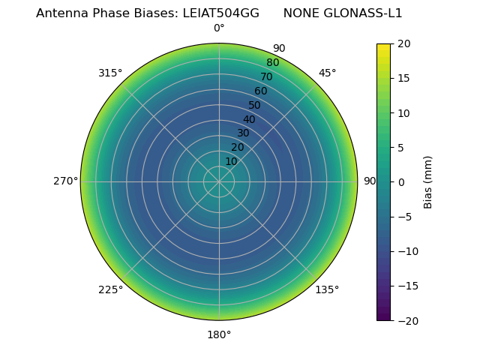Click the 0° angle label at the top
[219, 28]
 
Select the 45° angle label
[328, 73]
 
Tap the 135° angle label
[327, 289]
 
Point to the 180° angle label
[219, 334]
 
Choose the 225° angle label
[110, 289]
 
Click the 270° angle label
[66, 181]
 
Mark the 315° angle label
[110, 73]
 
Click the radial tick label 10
[231, 161]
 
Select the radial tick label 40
[249, 119]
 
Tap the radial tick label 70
[266, 76]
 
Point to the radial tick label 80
[272, 63]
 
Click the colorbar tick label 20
[403, 43]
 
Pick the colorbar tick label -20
[406, 320]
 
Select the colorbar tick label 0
[400, 182]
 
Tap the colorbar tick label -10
[406, 251]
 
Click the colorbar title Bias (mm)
[428, 182]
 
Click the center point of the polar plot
[219, 181]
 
